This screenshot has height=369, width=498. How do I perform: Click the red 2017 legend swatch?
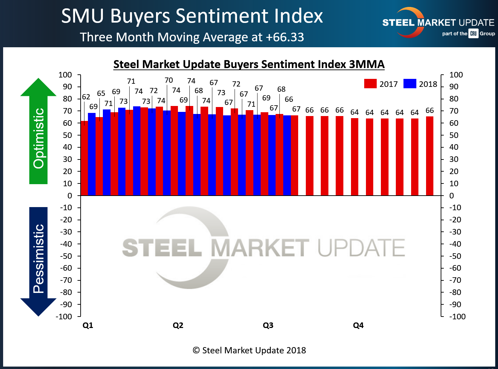click(x=370, y=84)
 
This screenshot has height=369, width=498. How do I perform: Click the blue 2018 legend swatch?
click(x=410, y=84)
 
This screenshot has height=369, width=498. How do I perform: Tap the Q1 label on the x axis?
click(x=88, y=326)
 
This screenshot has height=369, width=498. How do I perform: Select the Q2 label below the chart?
click(x=178, y=326)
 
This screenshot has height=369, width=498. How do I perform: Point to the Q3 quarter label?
click(x=268, y=326)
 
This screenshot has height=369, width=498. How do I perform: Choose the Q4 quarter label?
click(x=358, y=326)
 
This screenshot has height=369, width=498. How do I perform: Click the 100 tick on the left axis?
click(x=65, y=75)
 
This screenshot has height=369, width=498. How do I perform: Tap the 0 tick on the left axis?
click(x=70, y=196)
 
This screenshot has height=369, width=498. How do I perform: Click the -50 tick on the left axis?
click(x=66, y=256)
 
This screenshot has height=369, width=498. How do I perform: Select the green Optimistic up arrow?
click(x=39, y=132)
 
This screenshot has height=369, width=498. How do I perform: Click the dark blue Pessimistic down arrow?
click(x=39, y=261)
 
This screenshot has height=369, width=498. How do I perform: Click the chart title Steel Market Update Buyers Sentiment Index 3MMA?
click(x=249, y=65)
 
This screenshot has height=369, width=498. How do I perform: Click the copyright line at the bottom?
click(x=249, y=350)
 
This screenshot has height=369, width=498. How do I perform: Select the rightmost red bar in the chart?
click(x=430, y=156)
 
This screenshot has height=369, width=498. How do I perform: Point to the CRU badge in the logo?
click(x=473, y=34)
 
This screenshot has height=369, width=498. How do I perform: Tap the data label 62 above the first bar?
click(x=86, y=97)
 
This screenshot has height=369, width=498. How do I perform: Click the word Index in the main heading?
click(x=298, y=16)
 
